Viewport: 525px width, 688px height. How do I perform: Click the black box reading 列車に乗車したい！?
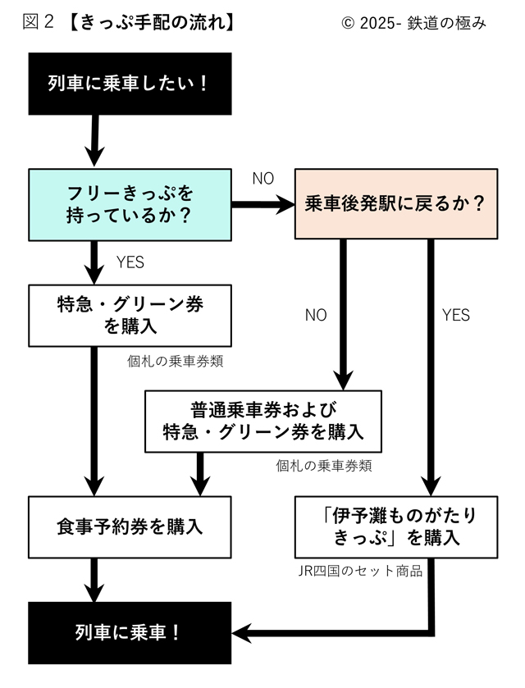(130, 84)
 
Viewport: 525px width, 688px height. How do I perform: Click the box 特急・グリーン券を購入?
(130, 315)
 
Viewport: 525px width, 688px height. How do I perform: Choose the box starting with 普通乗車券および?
(262, 421)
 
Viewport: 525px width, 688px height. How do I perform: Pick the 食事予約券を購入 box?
(130, 526)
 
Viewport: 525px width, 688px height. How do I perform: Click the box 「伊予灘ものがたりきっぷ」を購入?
(395, 526)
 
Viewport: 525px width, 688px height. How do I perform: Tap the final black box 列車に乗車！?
(130, 633)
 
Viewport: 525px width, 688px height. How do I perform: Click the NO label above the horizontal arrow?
(262, 179)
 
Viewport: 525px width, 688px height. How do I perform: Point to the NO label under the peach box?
(316, 315)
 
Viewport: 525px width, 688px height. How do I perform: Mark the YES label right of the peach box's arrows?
(456, 315)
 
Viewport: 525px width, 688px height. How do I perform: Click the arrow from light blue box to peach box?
(262, 205)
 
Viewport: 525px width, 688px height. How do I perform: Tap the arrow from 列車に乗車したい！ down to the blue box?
(94, 140)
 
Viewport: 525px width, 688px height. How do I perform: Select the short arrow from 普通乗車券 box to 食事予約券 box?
(199, 474)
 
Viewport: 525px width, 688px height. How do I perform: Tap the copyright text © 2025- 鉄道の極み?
(413, 23)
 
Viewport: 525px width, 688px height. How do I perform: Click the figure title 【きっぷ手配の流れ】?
(151, 23)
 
